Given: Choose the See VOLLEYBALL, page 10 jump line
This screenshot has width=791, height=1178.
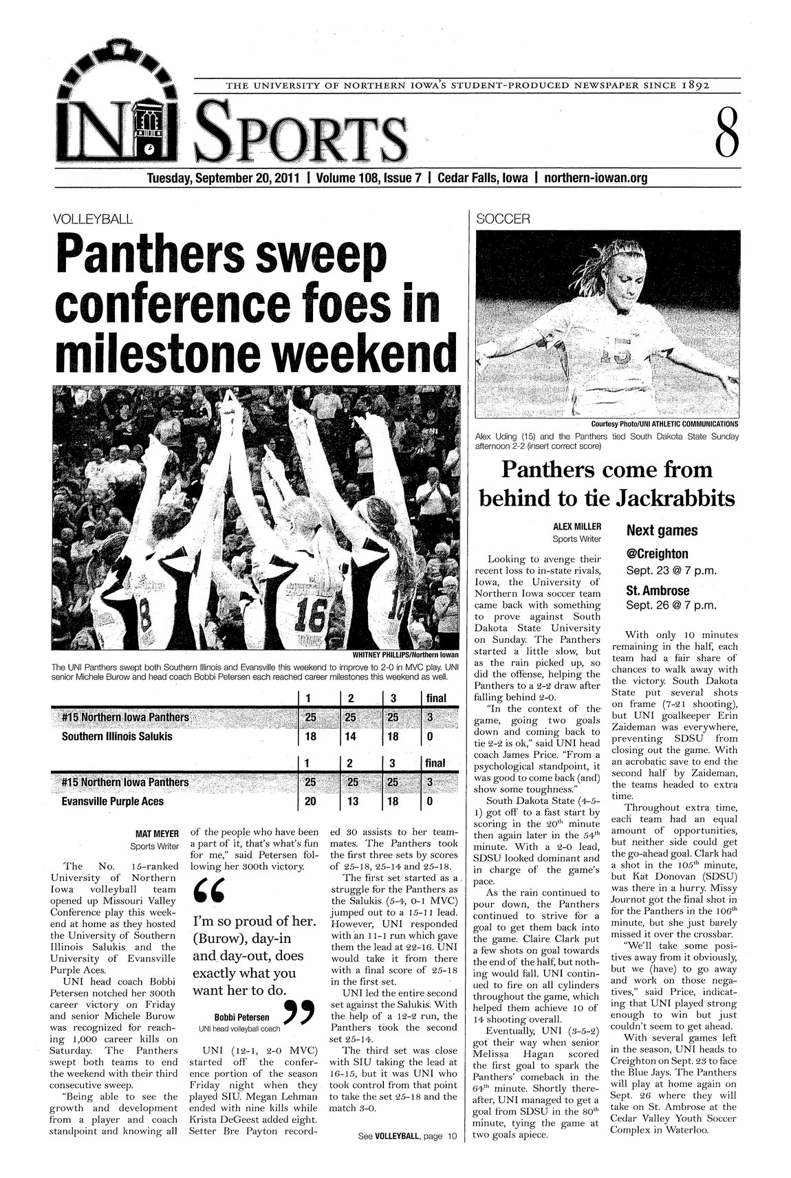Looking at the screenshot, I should coord(407,1137).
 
